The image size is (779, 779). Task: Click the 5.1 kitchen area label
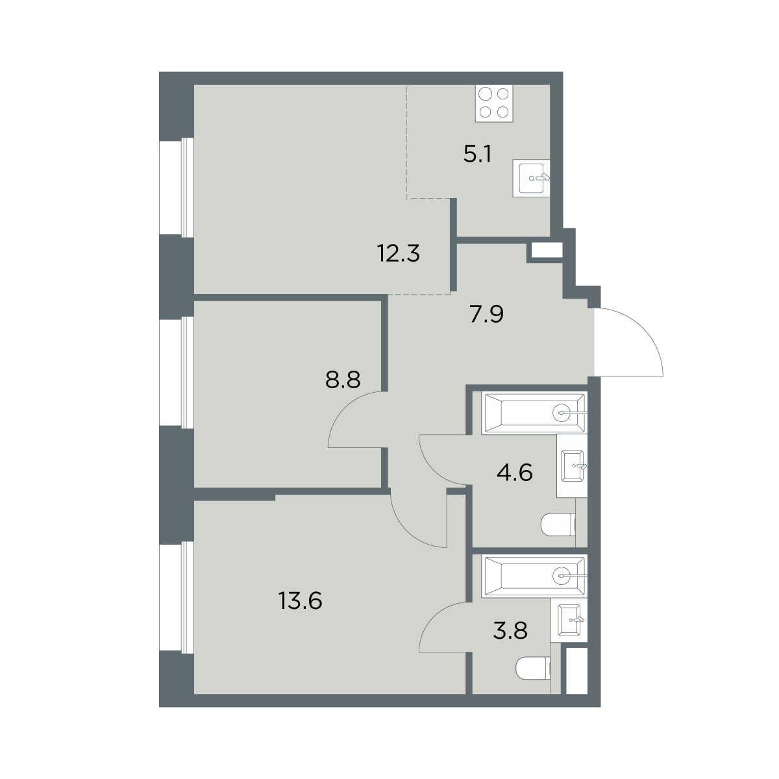[477, 154]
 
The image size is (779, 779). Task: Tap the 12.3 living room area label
[399, 253]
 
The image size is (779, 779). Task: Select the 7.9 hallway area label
[487, 314]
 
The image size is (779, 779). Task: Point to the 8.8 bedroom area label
[343, 380]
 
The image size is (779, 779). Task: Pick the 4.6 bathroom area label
[515, 472]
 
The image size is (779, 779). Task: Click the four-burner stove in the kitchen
[494, 103]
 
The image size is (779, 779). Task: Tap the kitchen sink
[531, 178]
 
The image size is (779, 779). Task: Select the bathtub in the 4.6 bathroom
[534, 413]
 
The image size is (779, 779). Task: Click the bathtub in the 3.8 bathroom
[534, 576]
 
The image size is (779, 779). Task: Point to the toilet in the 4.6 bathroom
[558, 525]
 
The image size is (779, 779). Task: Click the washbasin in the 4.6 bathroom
[572, 465]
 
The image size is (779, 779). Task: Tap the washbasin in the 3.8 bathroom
[569, 620]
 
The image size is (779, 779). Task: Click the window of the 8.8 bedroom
[177, 372]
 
